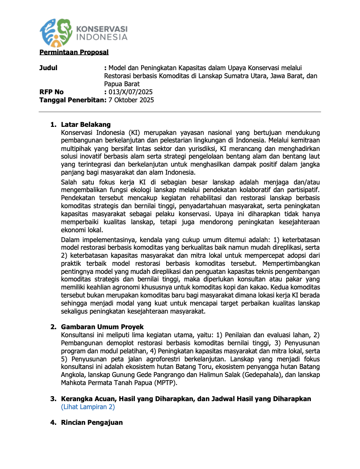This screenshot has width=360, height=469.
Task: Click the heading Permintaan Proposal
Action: click(74, 52)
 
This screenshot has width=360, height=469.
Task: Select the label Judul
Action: click(48, 68)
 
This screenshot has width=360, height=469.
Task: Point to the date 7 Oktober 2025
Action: click(131, 100)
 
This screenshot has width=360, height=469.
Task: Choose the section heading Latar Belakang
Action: click(86, 125)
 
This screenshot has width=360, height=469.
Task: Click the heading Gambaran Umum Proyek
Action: click(102, 327)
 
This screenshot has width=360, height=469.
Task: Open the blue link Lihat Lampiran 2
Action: click(88, 407)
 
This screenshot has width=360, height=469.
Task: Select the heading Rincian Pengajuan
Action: click(92, 423)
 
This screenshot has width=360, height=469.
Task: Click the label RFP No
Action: click(52, 92)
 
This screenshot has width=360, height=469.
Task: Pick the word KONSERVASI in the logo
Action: click(102, 28)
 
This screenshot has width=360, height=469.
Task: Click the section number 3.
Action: click(52, 398)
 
